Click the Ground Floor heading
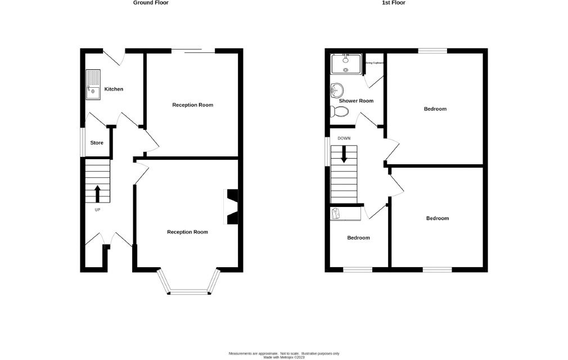[x=151, y=3]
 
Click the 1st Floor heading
[x=394, y=3]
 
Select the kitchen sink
[x=93, y=85]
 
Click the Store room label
[x=97, y=143]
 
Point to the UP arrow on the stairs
[x=97, y=193]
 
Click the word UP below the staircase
[x=97, y=210]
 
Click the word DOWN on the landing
[x=344, y=138]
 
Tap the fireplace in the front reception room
[x=232, y=206]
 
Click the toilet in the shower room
[x=338, y=111]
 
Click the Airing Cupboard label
[x=374, y=63]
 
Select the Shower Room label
[x=356, y=101]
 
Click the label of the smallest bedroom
[x=358, y=237]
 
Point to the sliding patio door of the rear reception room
[x=193, y=51]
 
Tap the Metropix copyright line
[x=284, y=357]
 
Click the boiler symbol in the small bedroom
[x=337, y=213]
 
